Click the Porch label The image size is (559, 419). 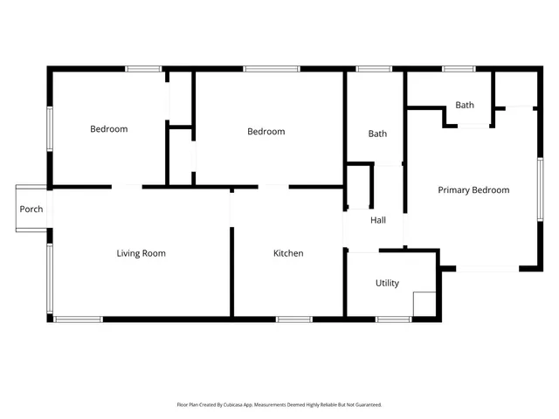31,209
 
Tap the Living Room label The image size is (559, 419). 141,254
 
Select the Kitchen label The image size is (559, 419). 288,254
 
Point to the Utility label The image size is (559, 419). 387,284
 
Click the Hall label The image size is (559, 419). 378,221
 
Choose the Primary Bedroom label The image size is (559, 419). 473,190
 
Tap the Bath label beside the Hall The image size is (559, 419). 377,134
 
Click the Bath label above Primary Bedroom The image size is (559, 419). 465,106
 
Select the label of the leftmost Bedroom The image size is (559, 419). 109,130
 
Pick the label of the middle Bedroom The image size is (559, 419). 266,132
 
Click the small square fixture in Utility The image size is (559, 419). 424,303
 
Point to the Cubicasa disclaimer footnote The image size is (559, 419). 279,405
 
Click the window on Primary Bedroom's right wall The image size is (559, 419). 541,189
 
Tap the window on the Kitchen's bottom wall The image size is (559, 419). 294,319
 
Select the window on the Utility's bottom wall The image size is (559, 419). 393,319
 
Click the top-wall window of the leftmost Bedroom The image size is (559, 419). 143,69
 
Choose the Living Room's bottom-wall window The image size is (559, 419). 79,319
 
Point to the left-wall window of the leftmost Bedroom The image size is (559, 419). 50,129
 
